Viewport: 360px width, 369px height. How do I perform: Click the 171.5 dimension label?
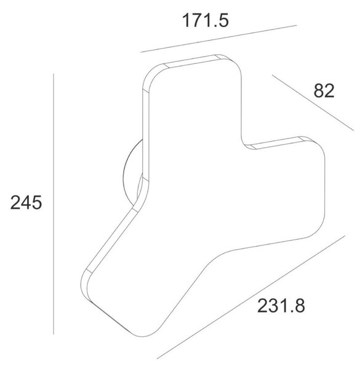206,20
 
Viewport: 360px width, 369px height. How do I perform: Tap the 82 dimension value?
324,90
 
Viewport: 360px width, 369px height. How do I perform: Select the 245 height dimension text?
26,202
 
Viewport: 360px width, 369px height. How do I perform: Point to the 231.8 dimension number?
281,306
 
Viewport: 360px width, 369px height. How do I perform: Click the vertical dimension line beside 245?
54,204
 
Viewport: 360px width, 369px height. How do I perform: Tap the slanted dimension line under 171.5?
218,39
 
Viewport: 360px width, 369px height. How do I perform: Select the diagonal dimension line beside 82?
313,103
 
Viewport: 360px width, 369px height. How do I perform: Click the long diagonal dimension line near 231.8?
251,297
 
